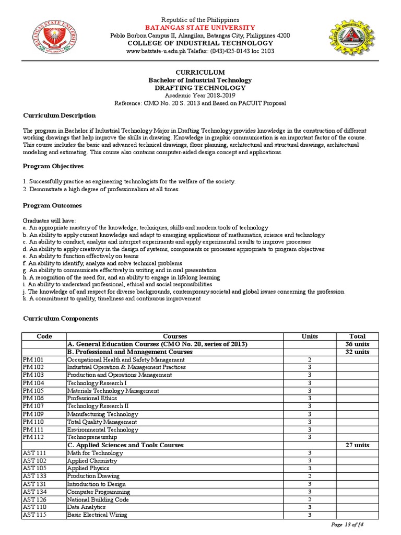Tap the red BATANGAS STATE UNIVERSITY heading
(200, 27)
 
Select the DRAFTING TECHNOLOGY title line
(200, 88)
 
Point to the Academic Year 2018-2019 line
(200, 96)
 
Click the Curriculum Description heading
(59, 115)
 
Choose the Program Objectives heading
(53, 166)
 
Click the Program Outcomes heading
(52, 205)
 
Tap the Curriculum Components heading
(61, 318)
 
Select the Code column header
(44, 336)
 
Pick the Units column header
(310, 336)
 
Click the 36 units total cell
(357, 344)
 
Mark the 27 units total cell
(357, 445)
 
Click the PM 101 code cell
(33, 360)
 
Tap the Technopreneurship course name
(92, 437)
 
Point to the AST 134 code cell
(34, 492)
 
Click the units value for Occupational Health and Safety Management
(310, 360)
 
